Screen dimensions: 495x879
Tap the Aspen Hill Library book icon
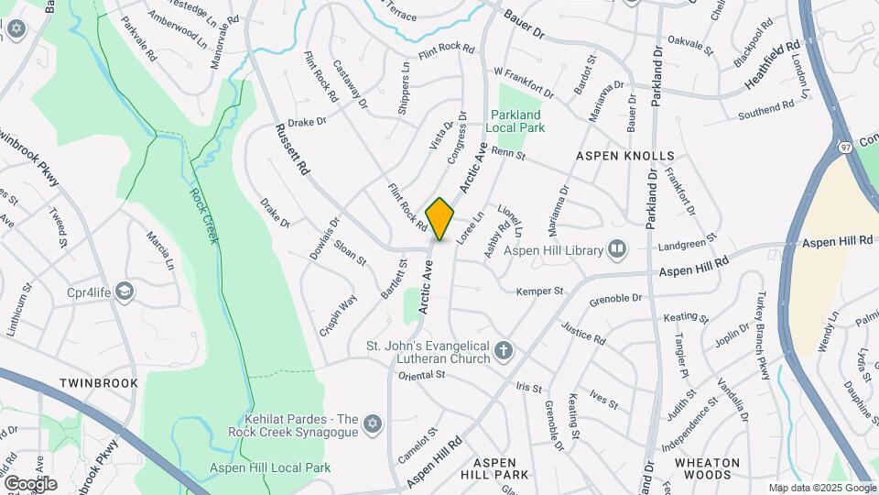pos(617,249)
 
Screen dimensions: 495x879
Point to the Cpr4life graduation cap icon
pos(124,292)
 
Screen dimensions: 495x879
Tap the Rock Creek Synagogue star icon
pos(371,423)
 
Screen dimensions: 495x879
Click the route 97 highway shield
pos(845,147)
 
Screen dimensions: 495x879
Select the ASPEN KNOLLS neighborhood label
pos(625,157)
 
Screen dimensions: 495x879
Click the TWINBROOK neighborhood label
pos(99,383)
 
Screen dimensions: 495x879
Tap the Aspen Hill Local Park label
pos(270,467)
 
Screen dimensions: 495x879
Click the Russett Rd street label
pos(292,151)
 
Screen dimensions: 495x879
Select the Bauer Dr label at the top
pos(525,25)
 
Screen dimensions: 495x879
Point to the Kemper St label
pos(539,291)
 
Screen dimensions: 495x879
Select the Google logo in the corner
pos(29,484)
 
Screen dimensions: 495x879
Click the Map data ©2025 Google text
pos(820,489)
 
